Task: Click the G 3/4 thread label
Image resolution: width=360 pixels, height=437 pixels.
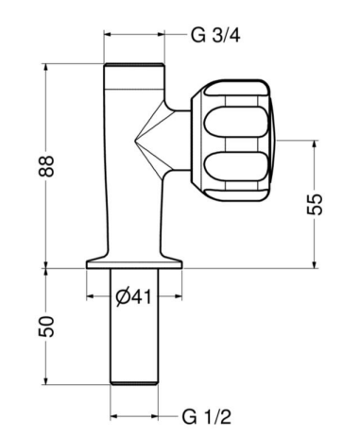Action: click(x=215, y=35)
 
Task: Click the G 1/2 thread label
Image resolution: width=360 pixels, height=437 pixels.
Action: click(x=207, y=417)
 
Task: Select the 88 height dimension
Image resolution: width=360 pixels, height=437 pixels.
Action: click(x=46, y=166)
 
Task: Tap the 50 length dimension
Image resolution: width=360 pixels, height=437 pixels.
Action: click(x=46, y=327)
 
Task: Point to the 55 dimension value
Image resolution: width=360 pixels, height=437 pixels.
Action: click(x=315, y=204)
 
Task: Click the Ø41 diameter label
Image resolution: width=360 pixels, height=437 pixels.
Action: click(x=133, y=296)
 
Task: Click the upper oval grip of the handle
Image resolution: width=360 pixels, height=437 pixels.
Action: click(x=236, y=123)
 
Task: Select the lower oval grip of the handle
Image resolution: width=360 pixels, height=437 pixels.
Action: click(x=236, y=166)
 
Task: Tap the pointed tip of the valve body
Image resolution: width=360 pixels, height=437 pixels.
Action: click(x=135, y=140)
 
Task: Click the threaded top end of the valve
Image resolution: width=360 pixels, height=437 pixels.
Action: click(x=134, y=65)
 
